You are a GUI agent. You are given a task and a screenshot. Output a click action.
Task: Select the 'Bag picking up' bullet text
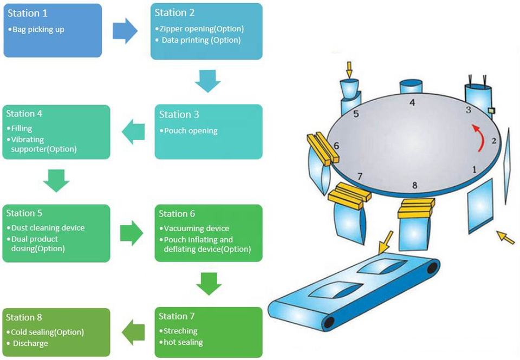point(38,29)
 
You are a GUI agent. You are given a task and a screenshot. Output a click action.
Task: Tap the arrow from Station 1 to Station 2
point(125,30)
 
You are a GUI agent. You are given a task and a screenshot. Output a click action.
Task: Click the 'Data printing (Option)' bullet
point(201,40)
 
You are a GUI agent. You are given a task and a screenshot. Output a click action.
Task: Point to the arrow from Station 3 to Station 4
point(133,132)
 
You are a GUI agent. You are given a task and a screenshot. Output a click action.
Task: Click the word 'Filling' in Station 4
point(22,129)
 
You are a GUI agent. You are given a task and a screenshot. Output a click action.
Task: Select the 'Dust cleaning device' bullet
point(48,228)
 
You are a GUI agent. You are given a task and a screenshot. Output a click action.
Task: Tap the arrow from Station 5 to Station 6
point(132,233)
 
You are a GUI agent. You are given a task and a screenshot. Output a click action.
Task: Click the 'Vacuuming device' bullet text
point(196,228)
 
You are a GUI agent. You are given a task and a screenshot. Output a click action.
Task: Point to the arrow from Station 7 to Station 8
point(133,332)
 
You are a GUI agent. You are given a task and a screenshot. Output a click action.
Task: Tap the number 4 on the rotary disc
point(412,102)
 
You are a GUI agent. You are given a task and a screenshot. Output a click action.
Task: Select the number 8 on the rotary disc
point(415,186)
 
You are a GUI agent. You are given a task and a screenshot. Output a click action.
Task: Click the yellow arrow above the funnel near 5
point(349,69)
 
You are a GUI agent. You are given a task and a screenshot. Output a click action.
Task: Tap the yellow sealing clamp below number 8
point(417,208)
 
